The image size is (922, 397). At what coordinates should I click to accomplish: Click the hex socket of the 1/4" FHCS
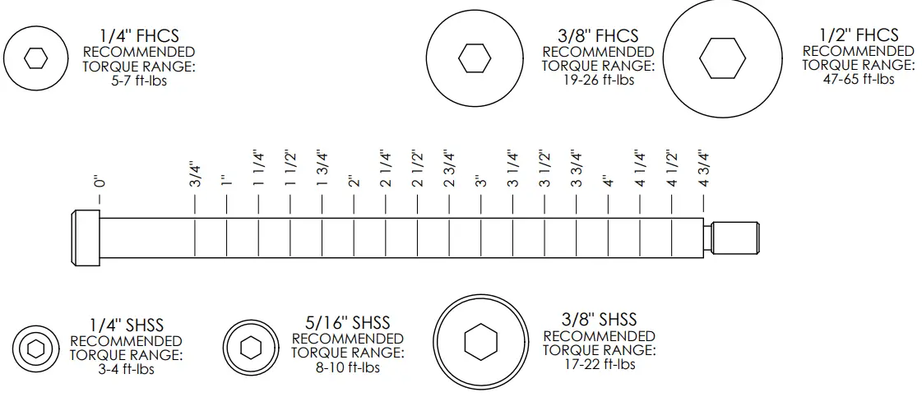(35, 58)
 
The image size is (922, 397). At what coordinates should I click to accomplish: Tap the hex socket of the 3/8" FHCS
(475, 58)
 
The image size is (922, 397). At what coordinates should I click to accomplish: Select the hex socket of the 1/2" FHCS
(722, 59)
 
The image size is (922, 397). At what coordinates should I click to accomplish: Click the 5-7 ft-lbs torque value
(138, 81)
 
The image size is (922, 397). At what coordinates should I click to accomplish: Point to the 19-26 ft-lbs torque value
(598, 81)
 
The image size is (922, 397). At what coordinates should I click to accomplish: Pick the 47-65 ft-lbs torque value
(858, 79)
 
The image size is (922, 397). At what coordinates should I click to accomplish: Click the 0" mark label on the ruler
(100, 181)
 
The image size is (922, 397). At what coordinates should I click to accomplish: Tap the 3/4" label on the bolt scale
(195, 174)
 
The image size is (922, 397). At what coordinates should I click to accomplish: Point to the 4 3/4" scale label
(703, 168)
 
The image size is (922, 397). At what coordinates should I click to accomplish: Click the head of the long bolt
(86, 238)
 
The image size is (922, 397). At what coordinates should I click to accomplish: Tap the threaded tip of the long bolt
(737, 238)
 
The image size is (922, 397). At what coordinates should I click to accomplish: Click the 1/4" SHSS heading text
(126, 326)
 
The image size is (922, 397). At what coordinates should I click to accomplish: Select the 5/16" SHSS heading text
(347, 323)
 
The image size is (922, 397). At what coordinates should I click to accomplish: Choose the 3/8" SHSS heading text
(599, 320)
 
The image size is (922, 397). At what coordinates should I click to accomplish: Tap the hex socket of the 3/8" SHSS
(480, 342)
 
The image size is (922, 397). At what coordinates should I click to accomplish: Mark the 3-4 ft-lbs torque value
(126, 369)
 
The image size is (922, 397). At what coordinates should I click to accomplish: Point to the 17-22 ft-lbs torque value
(599, 363)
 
